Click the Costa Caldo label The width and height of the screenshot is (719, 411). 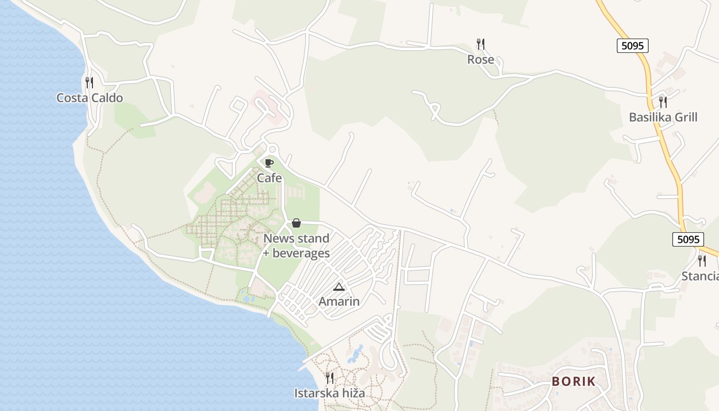90,98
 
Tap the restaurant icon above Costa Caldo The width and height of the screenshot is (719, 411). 89,82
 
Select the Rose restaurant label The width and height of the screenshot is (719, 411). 481,60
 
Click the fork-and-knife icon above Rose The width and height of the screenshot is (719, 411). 481,44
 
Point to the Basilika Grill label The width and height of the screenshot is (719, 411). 663,117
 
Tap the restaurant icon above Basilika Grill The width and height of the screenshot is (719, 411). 663,102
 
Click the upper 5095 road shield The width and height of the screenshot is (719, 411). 632,46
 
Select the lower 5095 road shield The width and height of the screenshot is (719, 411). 688,239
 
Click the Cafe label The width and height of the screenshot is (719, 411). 270,178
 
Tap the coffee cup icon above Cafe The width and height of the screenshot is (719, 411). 269,163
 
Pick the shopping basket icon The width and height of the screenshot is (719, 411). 296,223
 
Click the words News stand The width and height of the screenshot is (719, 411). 296,238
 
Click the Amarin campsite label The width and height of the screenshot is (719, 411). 339,301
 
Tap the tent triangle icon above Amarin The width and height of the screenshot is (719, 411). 338,286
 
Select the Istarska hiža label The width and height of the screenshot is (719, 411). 330,393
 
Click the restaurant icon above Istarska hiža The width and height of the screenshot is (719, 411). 330,378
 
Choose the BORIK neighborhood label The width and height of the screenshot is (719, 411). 574,381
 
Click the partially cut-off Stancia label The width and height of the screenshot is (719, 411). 700,276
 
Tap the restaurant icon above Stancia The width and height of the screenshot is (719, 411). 702,261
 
